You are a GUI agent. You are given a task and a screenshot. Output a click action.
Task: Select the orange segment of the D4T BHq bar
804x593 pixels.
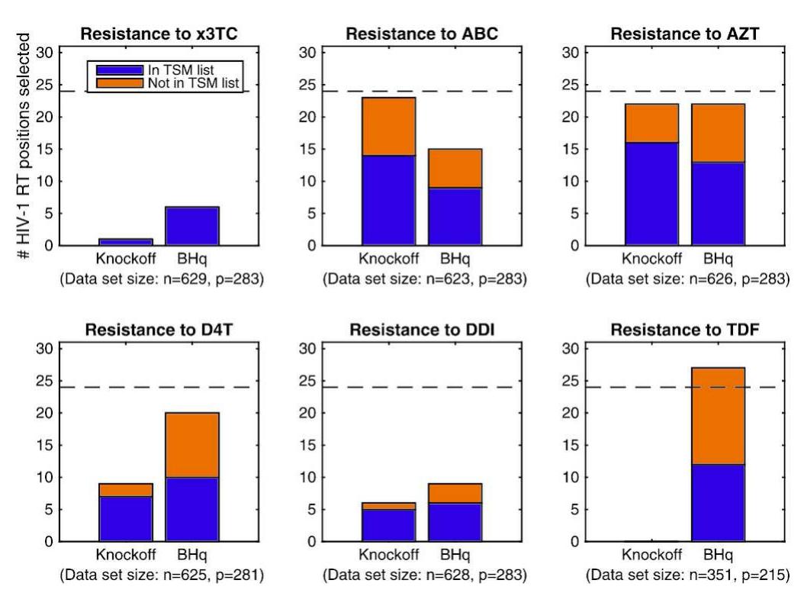pyautogui.click(x=193, y=445)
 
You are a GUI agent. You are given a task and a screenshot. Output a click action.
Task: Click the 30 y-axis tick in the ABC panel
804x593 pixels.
pyautogui.click(x=307, y=53)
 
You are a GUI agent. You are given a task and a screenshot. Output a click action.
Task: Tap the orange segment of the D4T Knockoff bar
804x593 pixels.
pyautogui.click(x=127, y=490)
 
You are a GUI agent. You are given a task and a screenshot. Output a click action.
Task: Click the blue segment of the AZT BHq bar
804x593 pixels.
pyautogui.click(x=719, y=204)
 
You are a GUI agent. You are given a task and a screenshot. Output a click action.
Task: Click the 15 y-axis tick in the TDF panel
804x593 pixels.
pyautogui.click(x=571, y=446)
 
